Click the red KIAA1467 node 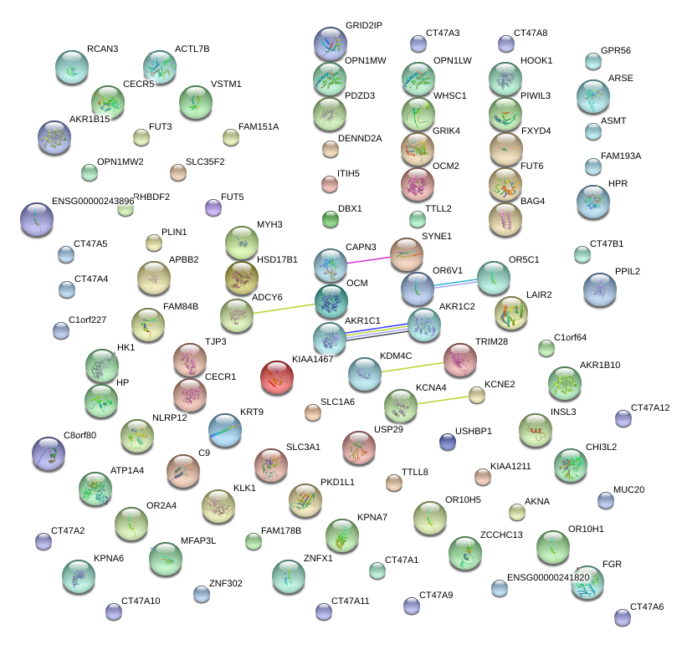[276, 377]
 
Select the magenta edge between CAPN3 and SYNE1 [368, 258]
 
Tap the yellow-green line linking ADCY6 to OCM [284, 307]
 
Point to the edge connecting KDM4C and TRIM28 [412, 366]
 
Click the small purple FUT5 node [213, 207]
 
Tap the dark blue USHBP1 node [448, 442]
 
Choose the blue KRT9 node [223, 429]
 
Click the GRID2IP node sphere [330, 43]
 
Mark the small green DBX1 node [331, 220]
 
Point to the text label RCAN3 [103, 49]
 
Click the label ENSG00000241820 [548, 578]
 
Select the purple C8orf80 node [48, 453]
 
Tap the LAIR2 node [510, 313]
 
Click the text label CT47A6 [646, 606]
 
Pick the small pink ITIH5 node [330, 183]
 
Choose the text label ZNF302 [225, 583]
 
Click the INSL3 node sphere [535, 429]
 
